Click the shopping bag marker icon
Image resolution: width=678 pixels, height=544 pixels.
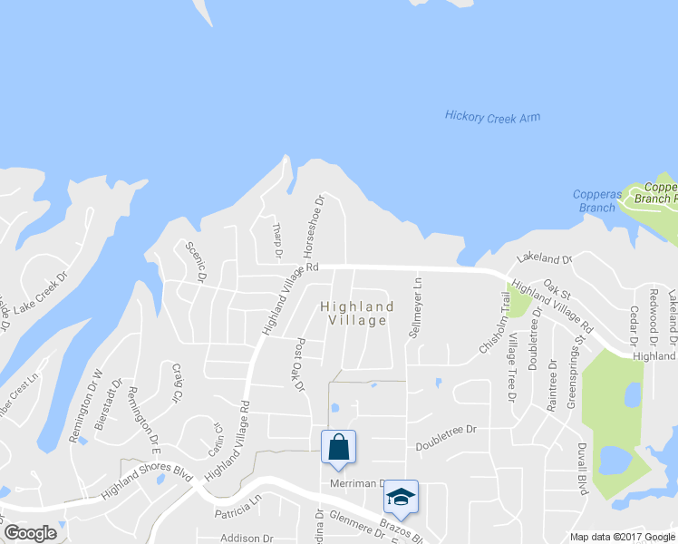pyautogui.click(x=338, y=447)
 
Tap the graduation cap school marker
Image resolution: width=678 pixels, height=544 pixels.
pyautogui.click(x=401, y=497)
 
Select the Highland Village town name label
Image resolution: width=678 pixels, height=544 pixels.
pyautogui.click(x=357, y=314)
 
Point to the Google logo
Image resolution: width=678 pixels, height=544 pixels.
pyautogui.click(x=30, y=533)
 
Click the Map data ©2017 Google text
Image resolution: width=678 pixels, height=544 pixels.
pyautogui.click(x=622, y=537)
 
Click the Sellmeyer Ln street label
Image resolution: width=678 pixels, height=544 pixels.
pyautogui.click(x=417, y=307)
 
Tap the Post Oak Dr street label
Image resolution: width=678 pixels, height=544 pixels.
pyautogui.click(x=298, y=365)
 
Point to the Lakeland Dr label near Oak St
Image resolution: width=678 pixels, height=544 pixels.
pyautogui.click(x=542, y=260)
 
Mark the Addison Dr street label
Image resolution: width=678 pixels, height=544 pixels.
pyautogui.click(x=240, y=538)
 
